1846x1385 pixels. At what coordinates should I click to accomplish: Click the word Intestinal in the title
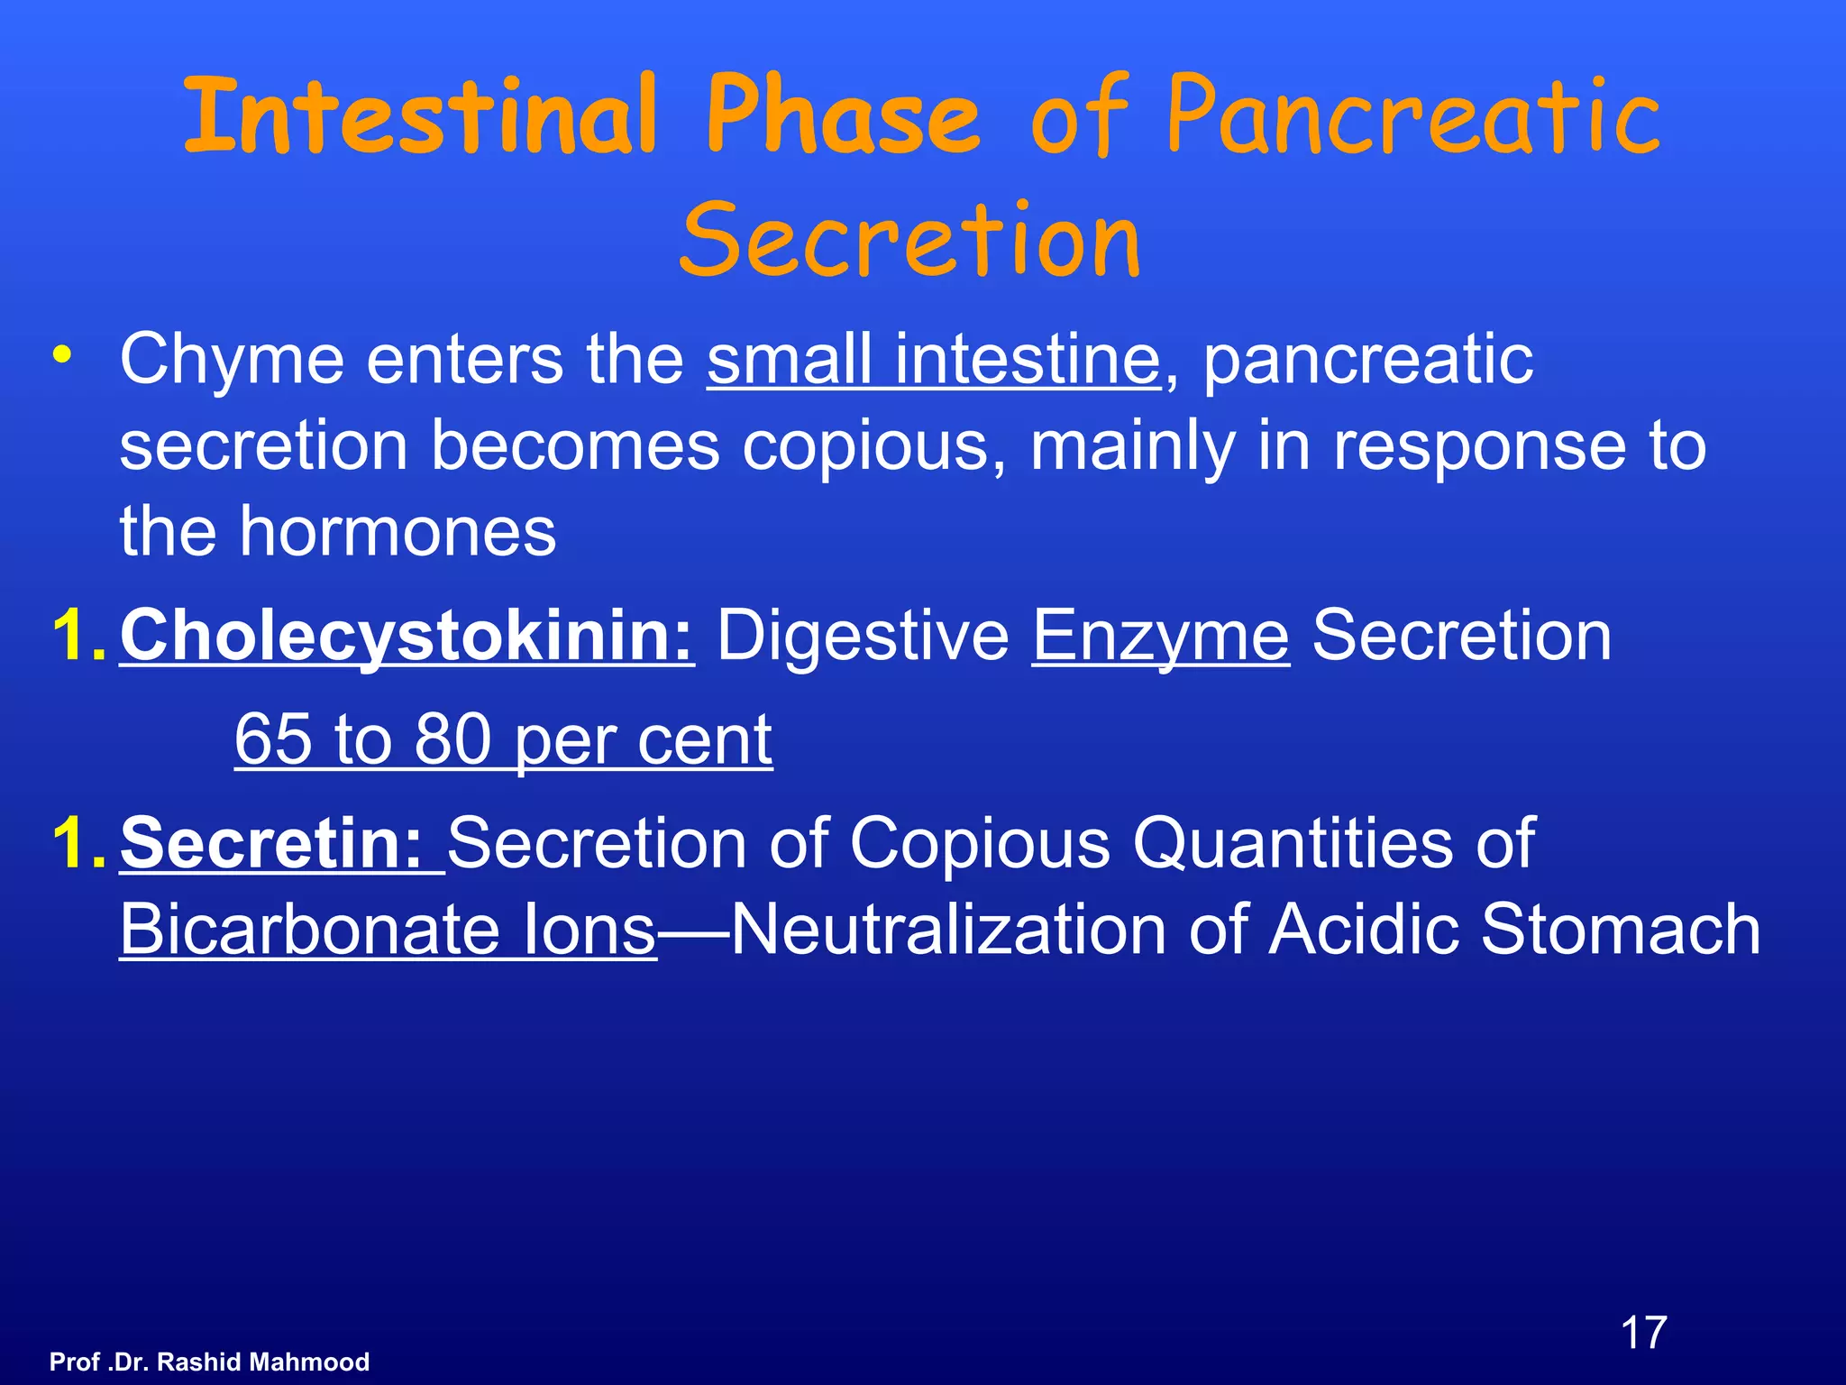tap(420, 117)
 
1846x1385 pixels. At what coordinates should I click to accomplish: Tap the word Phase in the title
tap(842, 117)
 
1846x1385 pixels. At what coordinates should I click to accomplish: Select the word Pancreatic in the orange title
tap(1413, 117)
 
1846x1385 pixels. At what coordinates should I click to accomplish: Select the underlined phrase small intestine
tap(934, 359)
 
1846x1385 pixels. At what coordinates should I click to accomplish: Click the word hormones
tap(397, 532)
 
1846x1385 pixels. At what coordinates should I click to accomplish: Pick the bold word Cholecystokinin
tap(407, 637)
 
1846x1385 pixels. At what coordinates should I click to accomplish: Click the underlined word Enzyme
tap(1160, 637)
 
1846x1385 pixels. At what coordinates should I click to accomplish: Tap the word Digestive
tap(863, 637)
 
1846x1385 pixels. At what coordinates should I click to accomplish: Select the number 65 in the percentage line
tap(274, 739)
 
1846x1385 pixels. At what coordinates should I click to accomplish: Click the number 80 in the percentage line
tap(453, 739)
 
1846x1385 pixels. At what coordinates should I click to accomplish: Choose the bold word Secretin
tap(270, 844)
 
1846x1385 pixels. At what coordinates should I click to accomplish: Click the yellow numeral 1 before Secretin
tap(72, 844)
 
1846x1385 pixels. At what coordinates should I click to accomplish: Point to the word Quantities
tap(1292, 844)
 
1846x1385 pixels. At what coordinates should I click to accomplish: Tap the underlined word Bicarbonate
tap(309, 931)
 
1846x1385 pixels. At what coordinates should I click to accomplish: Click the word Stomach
tap(1620, 931)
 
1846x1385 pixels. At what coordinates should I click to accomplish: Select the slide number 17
tap(1643, 1333)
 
